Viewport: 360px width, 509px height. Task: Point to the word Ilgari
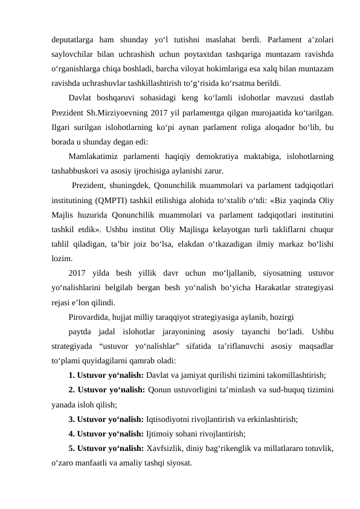click(62, 126)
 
